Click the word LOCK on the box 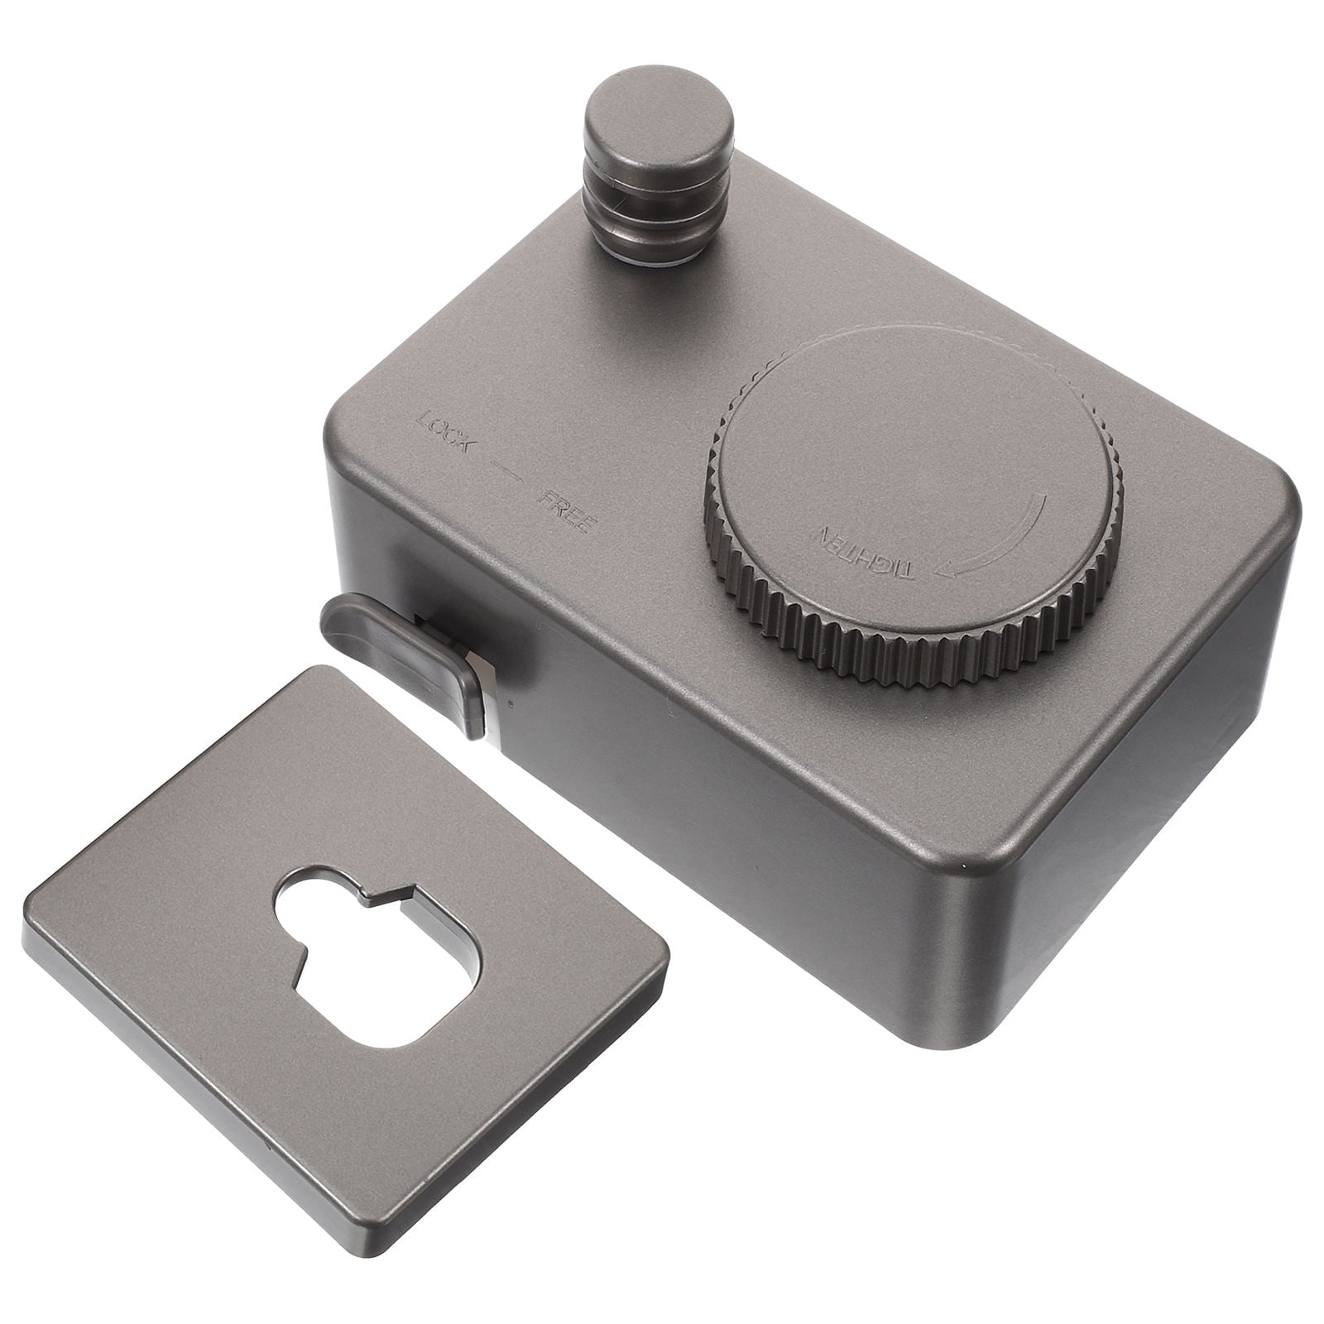[448, 428]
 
